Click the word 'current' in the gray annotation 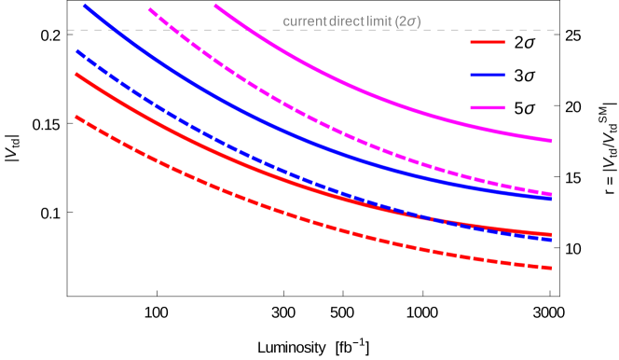coord(303,21)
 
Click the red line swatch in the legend coord(488,42)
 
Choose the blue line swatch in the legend coord(488,75)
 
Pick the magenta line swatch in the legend coord(488,107)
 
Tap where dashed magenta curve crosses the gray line coord(172,30)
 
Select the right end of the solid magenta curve coord(551,141)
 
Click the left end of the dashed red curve coord(76,118)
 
